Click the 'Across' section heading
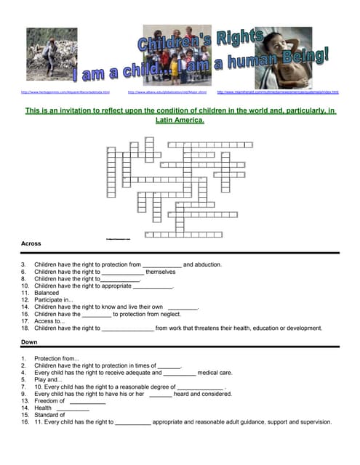tap(31, 243)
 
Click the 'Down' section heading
tap(29, 341)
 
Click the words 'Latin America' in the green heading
tap(179, 121)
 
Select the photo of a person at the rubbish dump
tap(52, 54)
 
